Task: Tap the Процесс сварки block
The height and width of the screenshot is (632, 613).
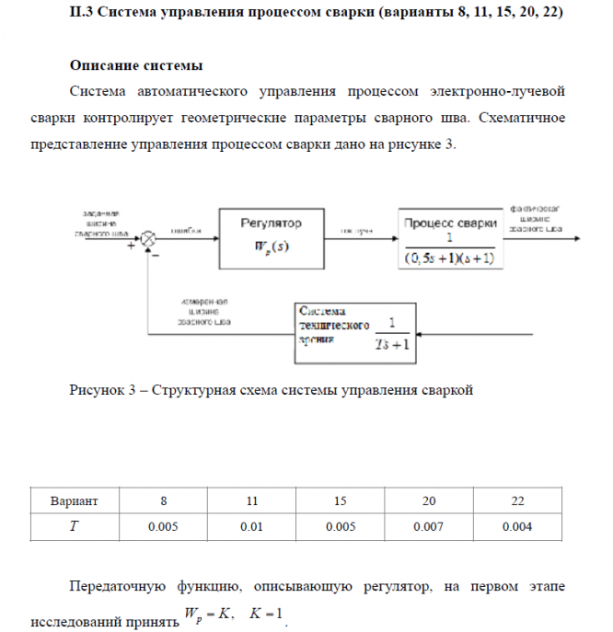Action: pos(448,238)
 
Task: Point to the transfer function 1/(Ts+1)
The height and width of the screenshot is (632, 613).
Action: pos(392,335)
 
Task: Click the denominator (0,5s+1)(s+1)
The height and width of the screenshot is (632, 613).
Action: pos(449,259)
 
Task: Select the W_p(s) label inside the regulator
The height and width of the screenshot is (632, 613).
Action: pos(272,248)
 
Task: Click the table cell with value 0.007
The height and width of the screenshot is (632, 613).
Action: pos(428,527)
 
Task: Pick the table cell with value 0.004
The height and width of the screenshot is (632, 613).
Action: pos(516,527)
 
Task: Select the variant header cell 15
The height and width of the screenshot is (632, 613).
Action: pos(340,500)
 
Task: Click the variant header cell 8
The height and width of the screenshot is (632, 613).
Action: pos(164,500)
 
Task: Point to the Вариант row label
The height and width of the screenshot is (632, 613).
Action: pos(75,500)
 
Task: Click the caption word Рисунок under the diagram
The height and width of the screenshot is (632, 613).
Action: pos(96,389)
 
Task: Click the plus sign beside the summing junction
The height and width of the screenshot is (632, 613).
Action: pos(131,247)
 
